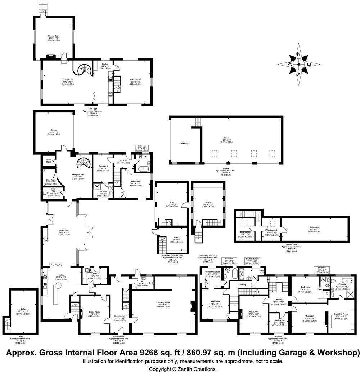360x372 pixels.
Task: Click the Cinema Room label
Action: [x=54, y=36]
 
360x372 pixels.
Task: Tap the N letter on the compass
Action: [x=298, y=54]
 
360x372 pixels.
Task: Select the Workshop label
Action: [x=184, y=143]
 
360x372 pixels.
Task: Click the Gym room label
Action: [x=167, y=202]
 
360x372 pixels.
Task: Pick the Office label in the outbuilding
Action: [x=206, y=202]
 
